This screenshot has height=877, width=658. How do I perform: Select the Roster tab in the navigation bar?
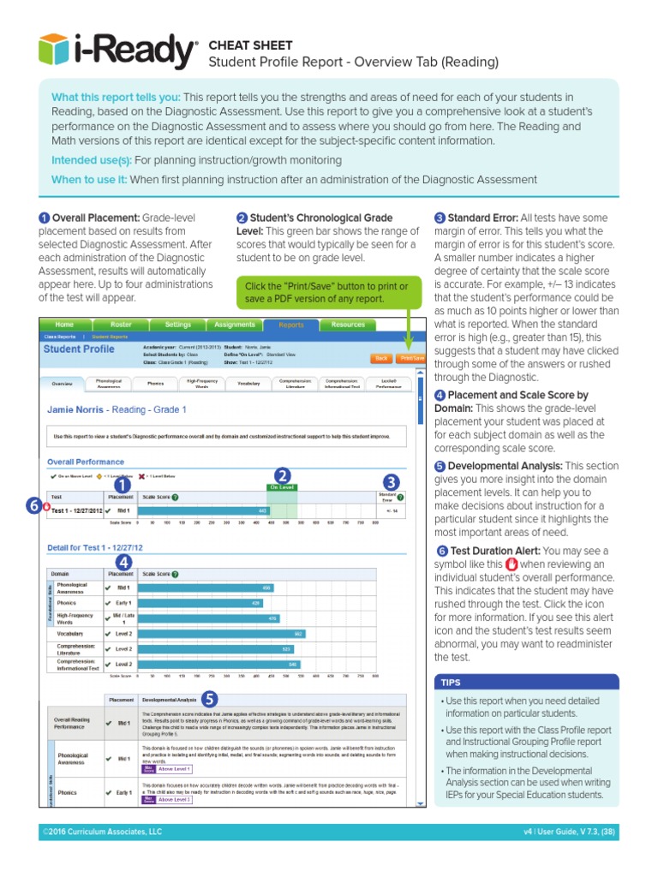[x=121, y=325]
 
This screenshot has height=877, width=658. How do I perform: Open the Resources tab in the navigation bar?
[x=348, y=325]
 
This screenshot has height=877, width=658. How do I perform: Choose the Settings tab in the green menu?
[x=177, y=325]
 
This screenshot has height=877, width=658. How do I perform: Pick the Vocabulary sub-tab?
[x=248, y=384]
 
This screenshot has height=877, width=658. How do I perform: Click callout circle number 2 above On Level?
[x=282, y=475]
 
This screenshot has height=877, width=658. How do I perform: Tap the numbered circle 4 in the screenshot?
[x=123, y=562]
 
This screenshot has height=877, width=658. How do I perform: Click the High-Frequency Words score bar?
[x=207, y=617]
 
